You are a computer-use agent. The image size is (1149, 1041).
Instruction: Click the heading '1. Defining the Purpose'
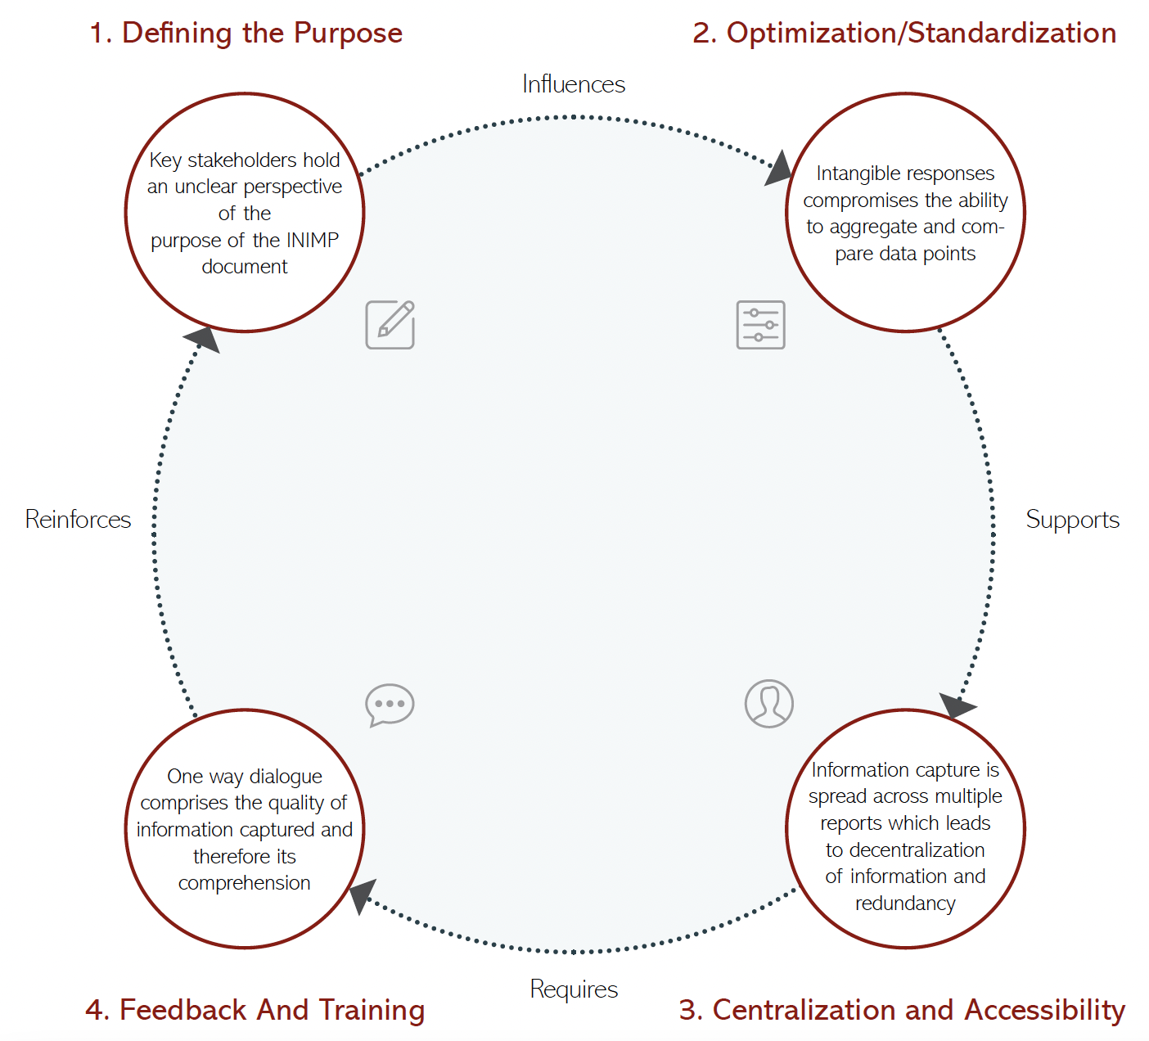click(x=246, y=34)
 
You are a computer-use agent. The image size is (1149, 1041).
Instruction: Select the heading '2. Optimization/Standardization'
click(x=904, y=34)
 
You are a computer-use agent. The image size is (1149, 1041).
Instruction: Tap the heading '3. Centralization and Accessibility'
click(x=902, y=1010)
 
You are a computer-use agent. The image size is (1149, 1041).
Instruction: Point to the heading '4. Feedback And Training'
click(x=255, y=1010)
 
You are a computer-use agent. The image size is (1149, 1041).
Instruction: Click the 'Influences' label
click(x=574, y=84)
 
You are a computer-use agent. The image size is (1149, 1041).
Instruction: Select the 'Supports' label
click(x=1072, y=520)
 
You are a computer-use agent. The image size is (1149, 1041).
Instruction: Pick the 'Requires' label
click(x=574, y=989)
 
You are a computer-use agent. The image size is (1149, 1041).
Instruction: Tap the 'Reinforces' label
click(x=78, y=520)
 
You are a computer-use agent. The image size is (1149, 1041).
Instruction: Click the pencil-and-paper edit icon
click(x=390, y=325)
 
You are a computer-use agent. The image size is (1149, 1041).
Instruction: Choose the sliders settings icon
click(x=761, y=325)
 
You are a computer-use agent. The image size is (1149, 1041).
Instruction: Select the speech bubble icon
click(x=390, y=705)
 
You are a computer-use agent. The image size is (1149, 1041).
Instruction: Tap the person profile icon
click(x=769, y=704)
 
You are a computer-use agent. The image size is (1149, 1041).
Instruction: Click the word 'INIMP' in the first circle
click(x=312, y=241)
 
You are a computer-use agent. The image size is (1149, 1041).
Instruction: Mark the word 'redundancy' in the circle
click(x=905, y=904)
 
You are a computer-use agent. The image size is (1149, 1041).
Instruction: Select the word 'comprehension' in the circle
click(x=244, y=883)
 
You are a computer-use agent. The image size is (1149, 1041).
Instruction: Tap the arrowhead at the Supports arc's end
click(x=955, y=705)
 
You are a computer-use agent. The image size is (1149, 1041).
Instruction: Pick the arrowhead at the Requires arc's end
click(x=362, y=895)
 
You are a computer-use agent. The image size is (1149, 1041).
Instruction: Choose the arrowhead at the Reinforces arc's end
click(x=203, y=339)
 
